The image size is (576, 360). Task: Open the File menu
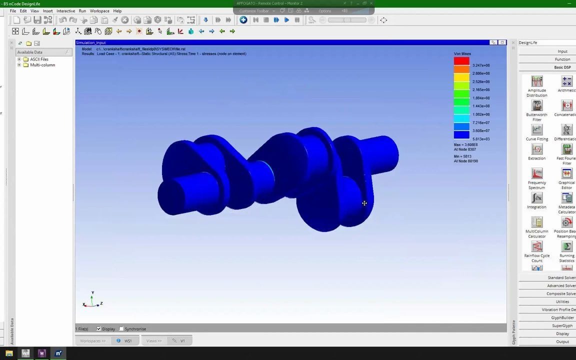[13, 11]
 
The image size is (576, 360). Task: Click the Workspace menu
[99, 11]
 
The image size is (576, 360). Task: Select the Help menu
[117, 11]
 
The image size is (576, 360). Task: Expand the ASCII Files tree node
[19, 59]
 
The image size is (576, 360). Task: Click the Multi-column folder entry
[42, 65]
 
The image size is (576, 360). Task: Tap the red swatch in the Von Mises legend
[461, 61]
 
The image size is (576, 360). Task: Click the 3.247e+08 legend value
[481, 65]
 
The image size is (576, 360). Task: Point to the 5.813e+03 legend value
[481, 139]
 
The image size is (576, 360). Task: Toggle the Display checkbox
[98, 329]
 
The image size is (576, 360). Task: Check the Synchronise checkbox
[121, 329]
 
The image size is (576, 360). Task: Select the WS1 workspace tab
[128, 341]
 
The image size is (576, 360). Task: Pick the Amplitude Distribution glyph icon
[536, 81]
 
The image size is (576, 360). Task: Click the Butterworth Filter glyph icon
[536, 105]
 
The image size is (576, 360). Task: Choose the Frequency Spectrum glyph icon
[536, 173]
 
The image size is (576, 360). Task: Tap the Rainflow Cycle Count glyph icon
[536, 246]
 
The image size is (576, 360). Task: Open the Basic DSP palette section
[562, 67]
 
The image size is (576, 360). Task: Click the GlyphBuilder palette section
[562, 318]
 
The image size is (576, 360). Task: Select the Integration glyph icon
[536, 198]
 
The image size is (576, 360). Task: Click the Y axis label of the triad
[92, 293]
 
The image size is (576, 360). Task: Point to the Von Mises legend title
[462, 54]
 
